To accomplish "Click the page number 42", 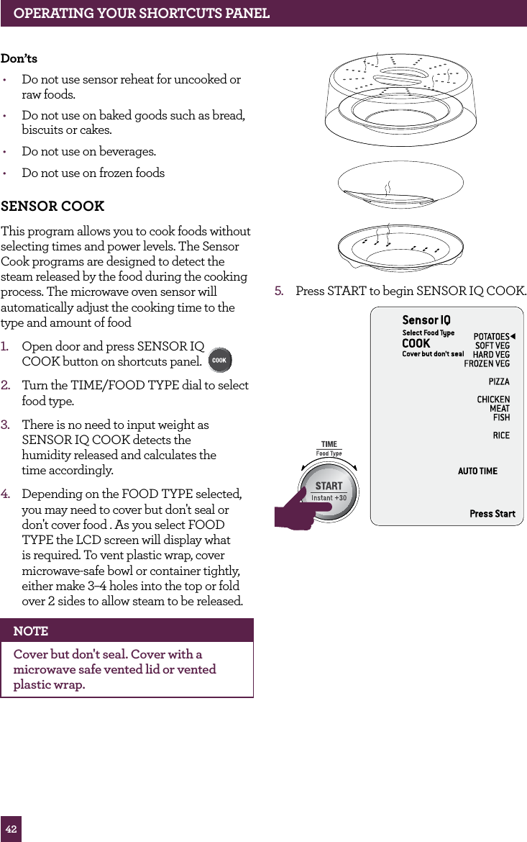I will tap(11, 829).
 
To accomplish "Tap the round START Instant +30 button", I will tap(329, 491).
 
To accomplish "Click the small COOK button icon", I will tap(219, 360).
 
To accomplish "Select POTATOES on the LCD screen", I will tap(491, 337).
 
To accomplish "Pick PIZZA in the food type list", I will tap(499, 381).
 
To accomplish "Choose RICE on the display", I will tap(501, 435).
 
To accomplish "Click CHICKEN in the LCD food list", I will tap(493, 399).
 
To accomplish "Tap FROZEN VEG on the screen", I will tap(487, 363).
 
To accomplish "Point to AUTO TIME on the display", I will tap(477, 471).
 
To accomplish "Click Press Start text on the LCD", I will tap(492, 513).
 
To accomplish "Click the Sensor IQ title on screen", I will tap(426, 320).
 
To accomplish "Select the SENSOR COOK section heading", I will tap(52, 207).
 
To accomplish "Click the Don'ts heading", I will tap(19, 58).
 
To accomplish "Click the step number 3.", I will tap(5, 425).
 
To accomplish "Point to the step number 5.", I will tap(279, 291).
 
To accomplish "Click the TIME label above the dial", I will tap(329, 445).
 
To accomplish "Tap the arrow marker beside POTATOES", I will tap(513, 337).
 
